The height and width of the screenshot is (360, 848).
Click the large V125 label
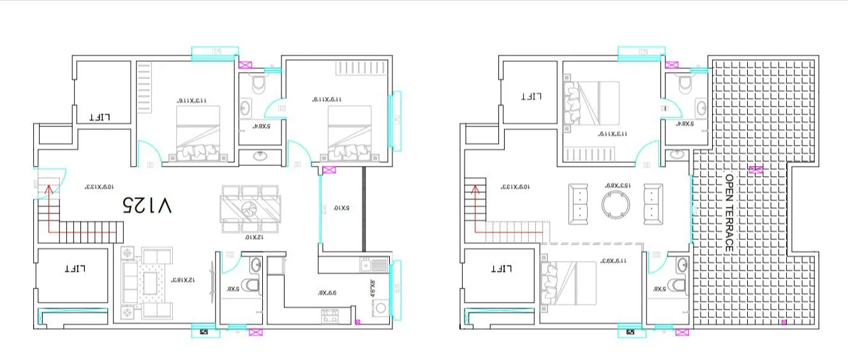147,205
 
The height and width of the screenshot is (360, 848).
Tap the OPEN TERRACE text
729,212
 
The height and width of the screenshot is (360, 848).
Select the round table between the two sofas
616,204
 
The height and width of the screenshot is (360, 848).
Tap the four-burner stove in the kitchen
330,315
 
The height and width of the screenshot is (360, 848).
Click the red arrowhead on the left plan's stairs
47,188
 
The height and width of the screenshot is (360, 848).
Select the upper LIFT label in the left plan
100,117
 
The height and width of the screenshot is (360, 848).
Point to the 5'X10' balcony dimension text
338,208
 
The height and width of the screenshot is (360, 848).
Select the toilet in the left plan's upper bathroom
258,84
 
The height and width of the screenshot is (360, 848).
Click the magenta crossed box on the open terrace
755,170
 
